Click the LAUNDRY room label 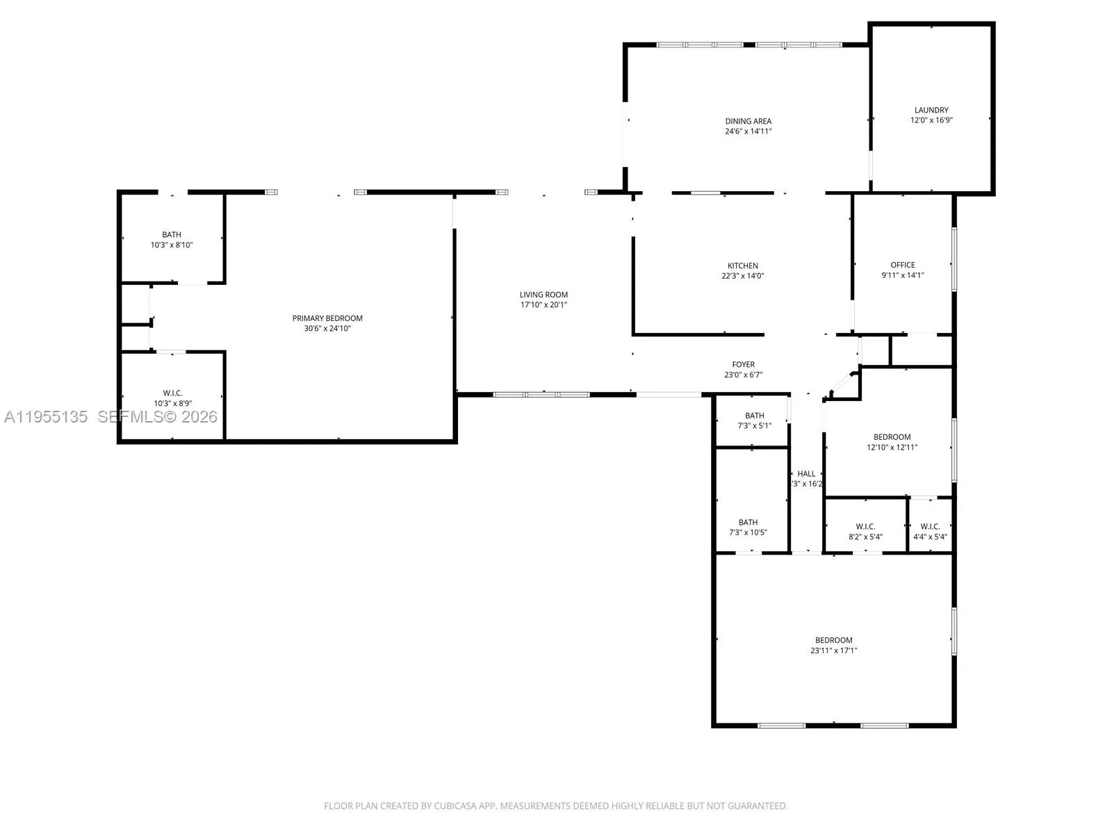point(931,110)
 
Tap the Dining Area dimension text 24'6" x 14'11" point(749,131)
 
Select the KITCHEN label point(743,265)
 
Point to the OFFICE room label point(903,265)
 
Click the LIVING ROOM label point(543,295)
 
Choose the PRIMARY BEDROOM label point(327,318)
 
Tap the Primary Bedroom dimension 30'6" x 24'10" point(327,329)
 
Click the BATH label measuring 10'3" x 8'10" point(172,235)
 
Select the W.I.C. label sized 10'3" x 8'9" point(172,393)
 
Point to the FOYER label point(743,364)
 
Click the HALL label point(806,474)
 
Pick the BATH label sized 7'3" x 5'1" point(755,416)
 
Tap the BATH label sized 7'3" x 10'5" point(748,522)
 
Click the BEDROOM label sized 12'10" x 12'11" point(892,437)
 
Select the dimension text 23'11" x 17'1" point(834,651)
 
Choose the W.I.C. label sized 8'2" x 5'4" point(865,527)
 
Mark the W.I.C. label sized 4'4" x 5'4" point(930,527)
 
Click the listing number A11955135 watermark point(46,417)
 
